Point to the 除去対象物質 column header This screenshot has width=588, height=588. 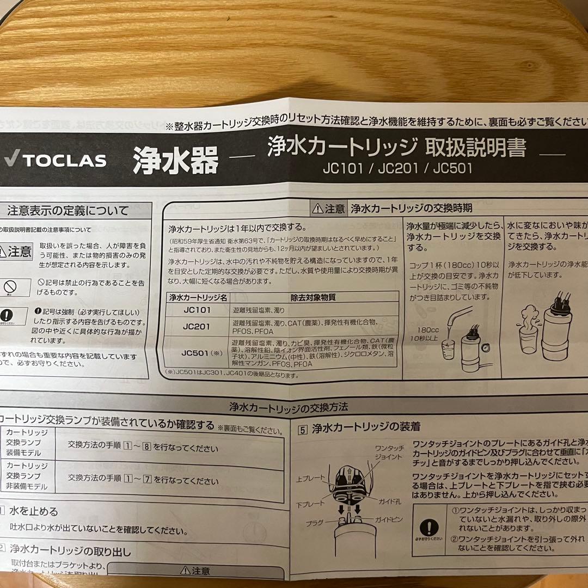[313, 297]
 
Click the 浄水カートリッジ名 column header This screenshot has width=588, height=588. [198, 297]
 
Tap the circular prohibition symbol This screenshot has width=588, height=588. [10, 286]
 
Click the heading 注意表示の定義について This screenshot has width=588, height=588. [68, 210]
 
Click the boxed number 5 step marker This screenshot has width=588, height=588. [303, 427]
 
